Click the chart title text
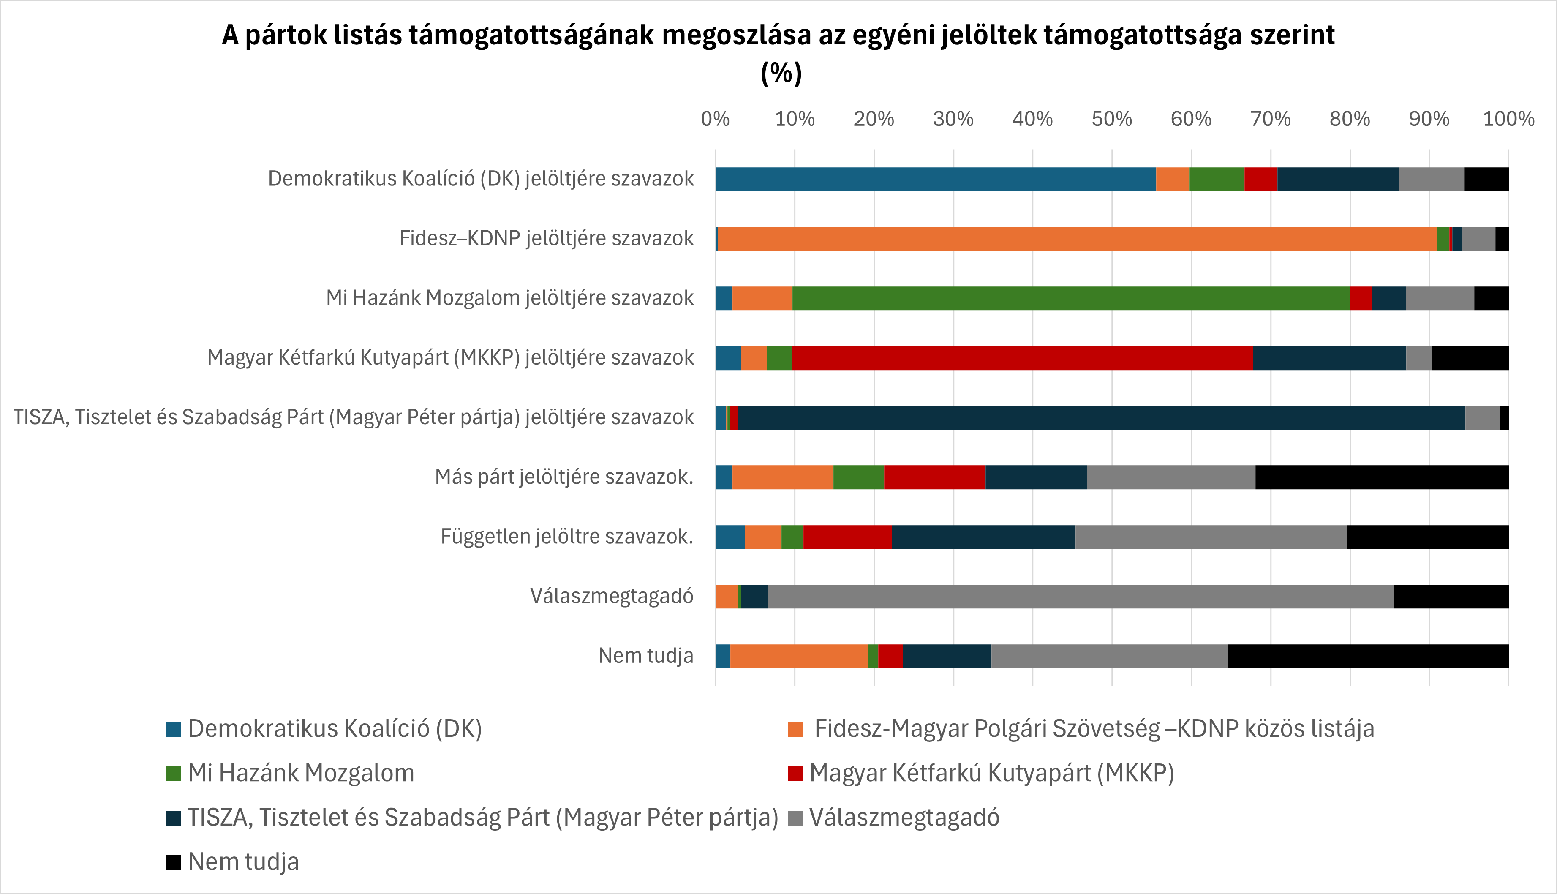click(778, 35)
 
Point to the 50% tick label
click(1111, 118)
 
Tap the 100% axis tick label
click(1508, 118)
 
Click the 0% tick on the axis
click(715, 118)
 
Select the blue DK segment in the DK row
click(935, 179)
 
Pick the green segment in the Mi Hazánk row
click(1071, 298)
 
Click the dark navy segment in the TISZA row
click(1101, 417)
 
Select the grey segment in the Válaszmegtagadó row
click(1080, 596)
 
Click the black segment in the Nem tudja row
click(1368, 656)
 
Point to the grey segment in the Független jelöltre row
click(1211, 537)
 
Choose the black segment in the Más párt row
click(1381, 477)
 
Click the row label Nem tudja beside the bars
click(645, 656)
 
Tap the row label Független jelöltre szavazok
click(566, 537)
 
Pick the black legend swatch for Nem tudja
click(174, 862)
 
